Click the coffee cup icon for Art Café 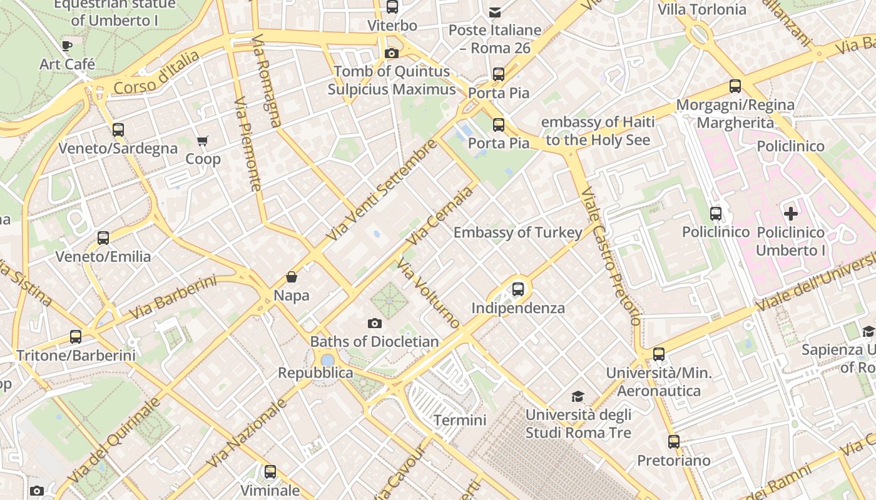67,46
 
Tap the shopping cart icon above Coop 202,141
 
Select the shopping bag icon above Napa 291,276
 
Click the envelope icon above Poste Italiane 495,12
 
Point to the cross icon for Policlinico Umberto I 791,214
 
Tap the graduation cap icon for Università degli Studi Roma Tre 578,396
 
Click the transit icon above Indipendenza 517,289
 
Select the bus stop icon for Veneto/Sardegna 118,130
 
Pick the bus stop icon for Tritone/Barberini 76,337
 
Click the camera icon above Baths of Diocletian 375,323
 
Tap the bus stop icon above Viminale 270,472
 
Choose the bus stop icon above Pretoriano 673,442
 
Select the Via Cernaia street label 439,216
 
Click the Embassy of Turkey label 517,232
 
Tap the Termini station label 460,420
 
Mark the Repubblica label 315,373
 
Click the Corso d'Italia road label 157,72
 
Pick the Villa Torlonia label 701,9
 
